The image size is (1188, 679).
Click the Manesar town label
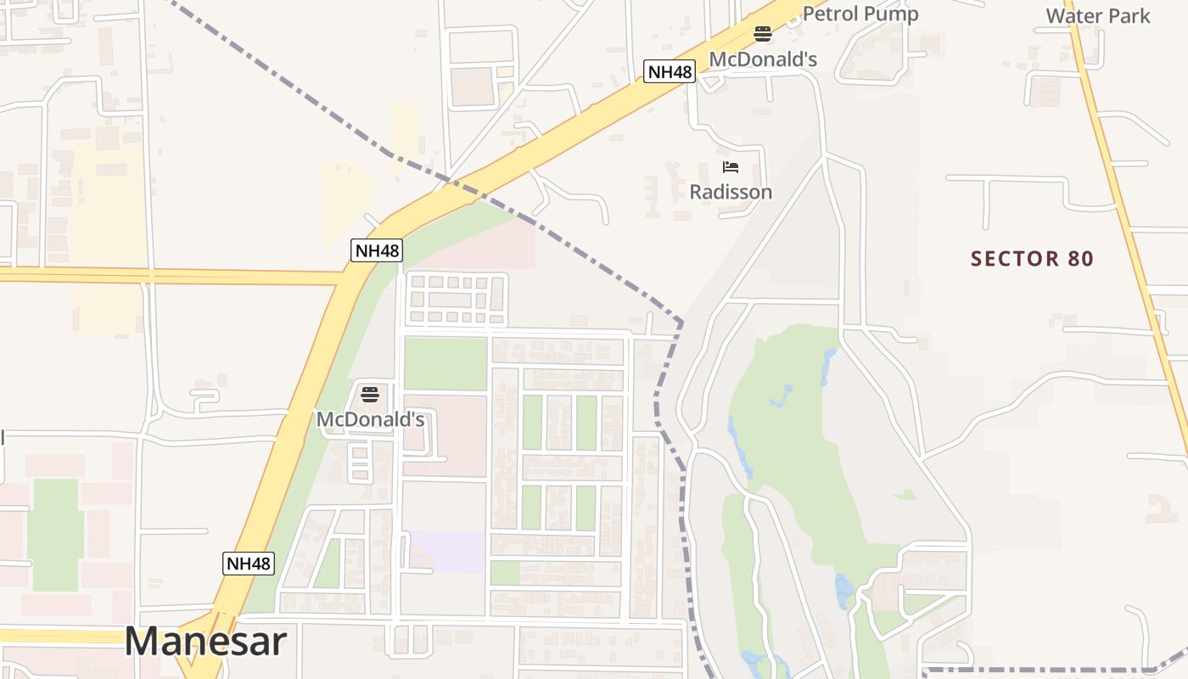[205, 642]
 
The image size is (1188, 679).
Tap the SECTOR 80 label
[1032, 259]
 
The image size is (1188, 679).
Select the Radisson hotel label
[731, 192]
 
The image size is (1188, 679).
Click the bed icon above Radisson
[731, 167]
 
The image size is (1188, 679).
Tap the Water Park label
[1098, 15]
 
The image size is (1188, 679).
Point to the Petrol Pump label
[860, 14]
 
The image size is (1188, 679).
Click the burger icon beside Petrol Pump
[763, 34]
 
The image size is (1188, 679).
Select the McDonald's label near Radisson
[763, 59]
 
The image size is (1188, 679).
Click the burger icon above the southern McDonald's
[369, 395]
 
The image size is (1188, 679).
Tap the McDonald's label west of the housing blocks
[370, 419]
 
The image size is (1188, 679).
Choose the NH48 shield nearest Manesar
[249, 563]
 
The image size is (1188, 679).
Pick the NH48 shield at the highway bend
[377, 250]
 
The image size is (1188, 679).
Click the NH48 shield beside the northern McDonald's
[670, 72]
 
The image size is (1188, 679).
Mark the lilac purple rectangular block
[447, 551]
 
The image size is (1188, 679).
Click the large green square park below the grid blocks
[445, 363]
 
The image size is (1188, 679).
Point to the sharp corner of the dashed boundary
[681, 322]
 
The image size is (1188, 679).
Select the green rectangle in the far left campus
[55, 535]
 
